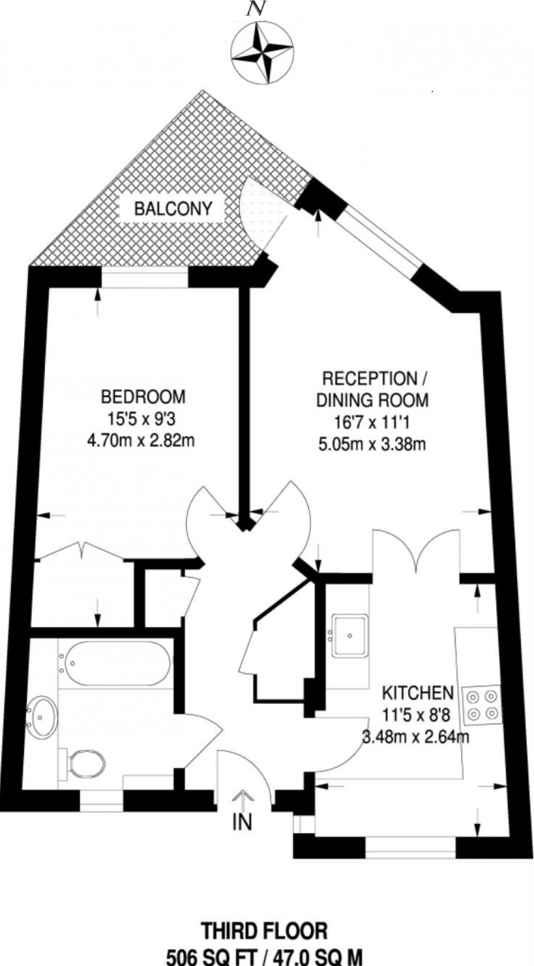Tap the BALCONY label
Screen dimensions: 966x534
pos(173,209)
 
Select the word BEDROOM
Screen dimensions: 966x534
pos(143,397)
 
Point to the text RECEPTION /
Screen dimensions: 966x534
pos(370,378)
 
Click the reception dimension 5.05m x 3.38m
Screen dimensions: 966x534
pos(372,445)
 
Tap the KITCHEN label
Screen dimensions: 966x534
pos(417,693)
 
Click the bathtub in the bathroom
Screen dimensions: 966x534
pos(115,663)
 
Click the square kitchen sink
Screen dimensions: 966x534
pos(350,635)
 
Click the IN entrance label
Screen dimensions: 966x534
pos(242,823)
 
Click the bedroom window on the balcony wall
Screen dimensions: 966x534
pos(144,278)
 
